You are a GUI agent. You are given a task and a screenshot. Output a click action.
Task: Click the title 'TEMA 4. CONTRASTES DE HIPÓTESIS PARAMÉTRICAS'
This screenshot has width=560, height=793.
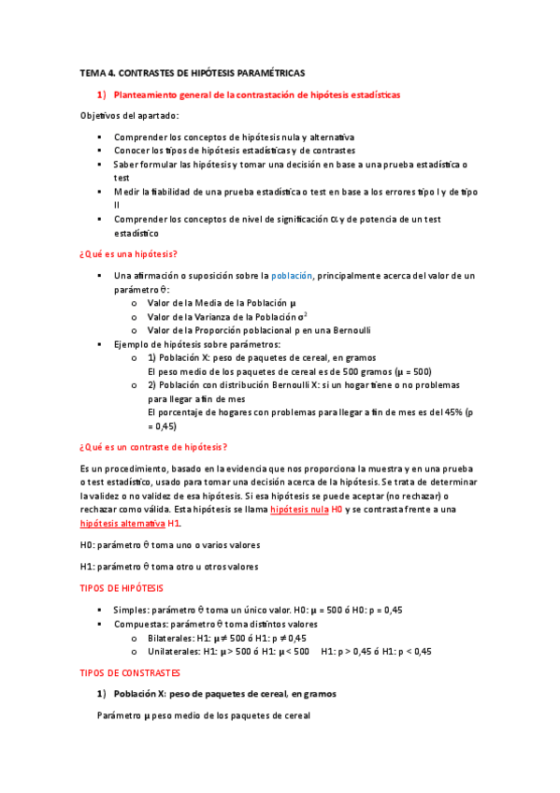pos(192,72)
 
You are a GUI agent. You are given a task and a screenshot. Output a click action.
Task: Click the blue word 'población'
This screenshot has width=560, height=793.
pos(292,276)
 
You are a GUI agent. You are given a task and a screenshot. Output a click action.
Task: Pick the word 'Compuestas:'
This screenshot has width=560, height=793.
pos(142,624)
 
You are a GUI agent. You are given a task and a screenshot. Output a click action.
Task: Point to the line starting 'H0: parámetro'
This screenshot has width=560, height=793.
pos(170,544)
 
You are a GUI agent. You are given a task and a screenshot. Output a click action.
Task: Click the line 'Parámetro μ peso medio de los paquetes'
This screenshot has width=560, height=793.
pos(203,715)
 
